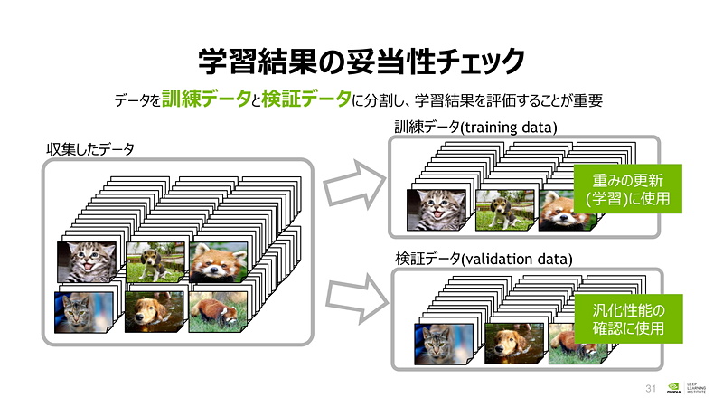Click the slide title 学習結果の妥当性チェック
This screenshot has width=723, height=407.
(x=361, y=61)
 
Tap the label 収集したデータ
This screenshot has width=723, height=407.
(x=90, y=148)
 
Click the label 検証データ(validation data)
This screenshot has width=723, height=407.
(x=484, y=259)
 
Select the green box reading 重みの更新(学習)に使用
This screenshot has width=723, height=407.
(x=626, y=188)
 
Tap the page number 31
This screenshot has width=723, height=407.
(x=649, y=388)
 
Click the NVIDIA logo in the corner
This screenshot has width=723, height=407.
(x=673, y=388)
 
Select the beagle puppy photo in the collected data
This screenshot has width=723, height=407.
(x=155, y=262)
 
